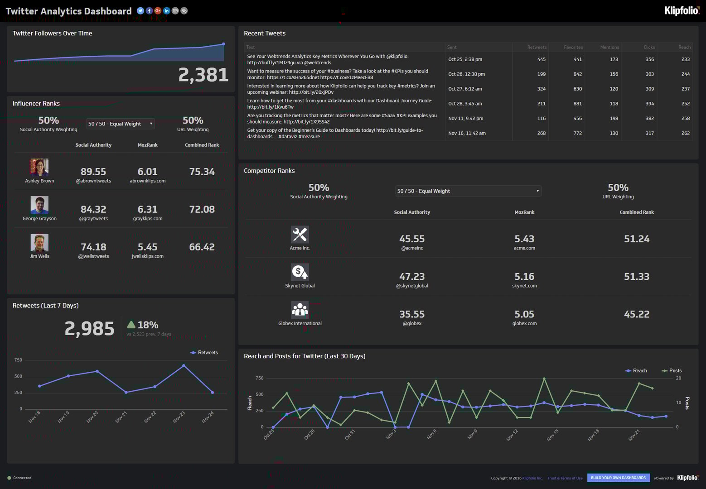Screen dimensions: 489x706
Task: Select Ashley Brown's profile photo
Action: pos(39,168)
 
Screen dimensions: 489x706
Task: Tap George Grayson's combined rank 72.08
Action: pos(202,209)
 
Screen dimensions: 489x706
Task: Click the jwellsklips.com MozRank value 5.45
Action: pos(147,247)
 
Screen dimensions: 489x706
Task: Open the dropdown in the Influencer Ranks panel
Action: pos(121,124)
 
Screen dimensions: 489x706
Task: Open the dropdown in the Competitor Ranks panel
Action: pos(468,191)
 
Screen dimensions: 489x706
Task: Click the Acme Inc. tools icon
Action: pos(300,235)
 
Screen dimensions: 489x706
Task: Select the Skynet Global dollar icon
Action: pos(300,272)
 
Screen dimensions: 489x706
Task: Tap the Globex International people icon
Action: pos(300,310)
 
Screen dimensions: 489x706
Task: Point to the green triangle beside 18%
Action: pos(131,325)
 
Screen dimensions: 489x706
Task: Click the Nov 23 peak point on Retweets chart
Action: pos(184,365)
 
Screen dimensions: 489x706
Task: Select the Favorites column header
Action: pos(573,47)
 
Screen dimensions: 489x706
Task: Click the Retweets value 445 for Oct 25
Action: pos(541,59)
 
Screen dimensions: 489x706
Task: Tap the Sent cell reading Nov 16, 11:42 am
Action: pos(467,133)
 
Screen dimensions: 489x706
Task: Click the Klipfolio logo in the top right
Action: pos(682,10)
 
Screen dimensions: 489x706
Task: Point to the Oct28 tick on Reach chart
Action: pos(309,434)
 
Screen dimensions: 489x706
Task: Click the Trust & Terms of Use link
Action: pos(565,478)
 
